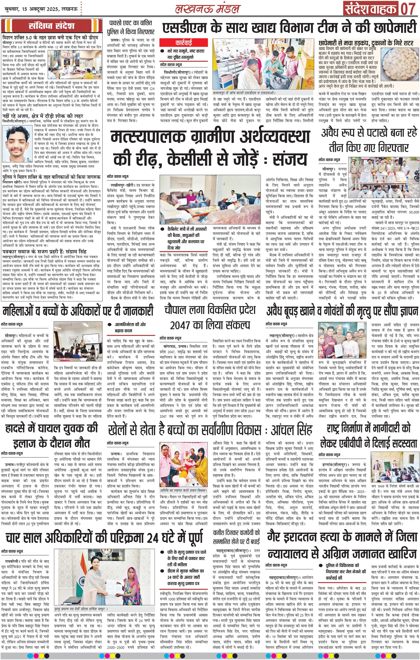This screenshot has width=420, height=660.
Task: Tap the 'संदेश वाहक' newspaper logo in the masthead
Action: (x=370, y=9)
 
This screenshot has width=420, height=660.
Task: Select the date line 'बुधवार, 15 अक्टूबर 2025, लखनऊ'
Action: (x=40, y=9)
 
